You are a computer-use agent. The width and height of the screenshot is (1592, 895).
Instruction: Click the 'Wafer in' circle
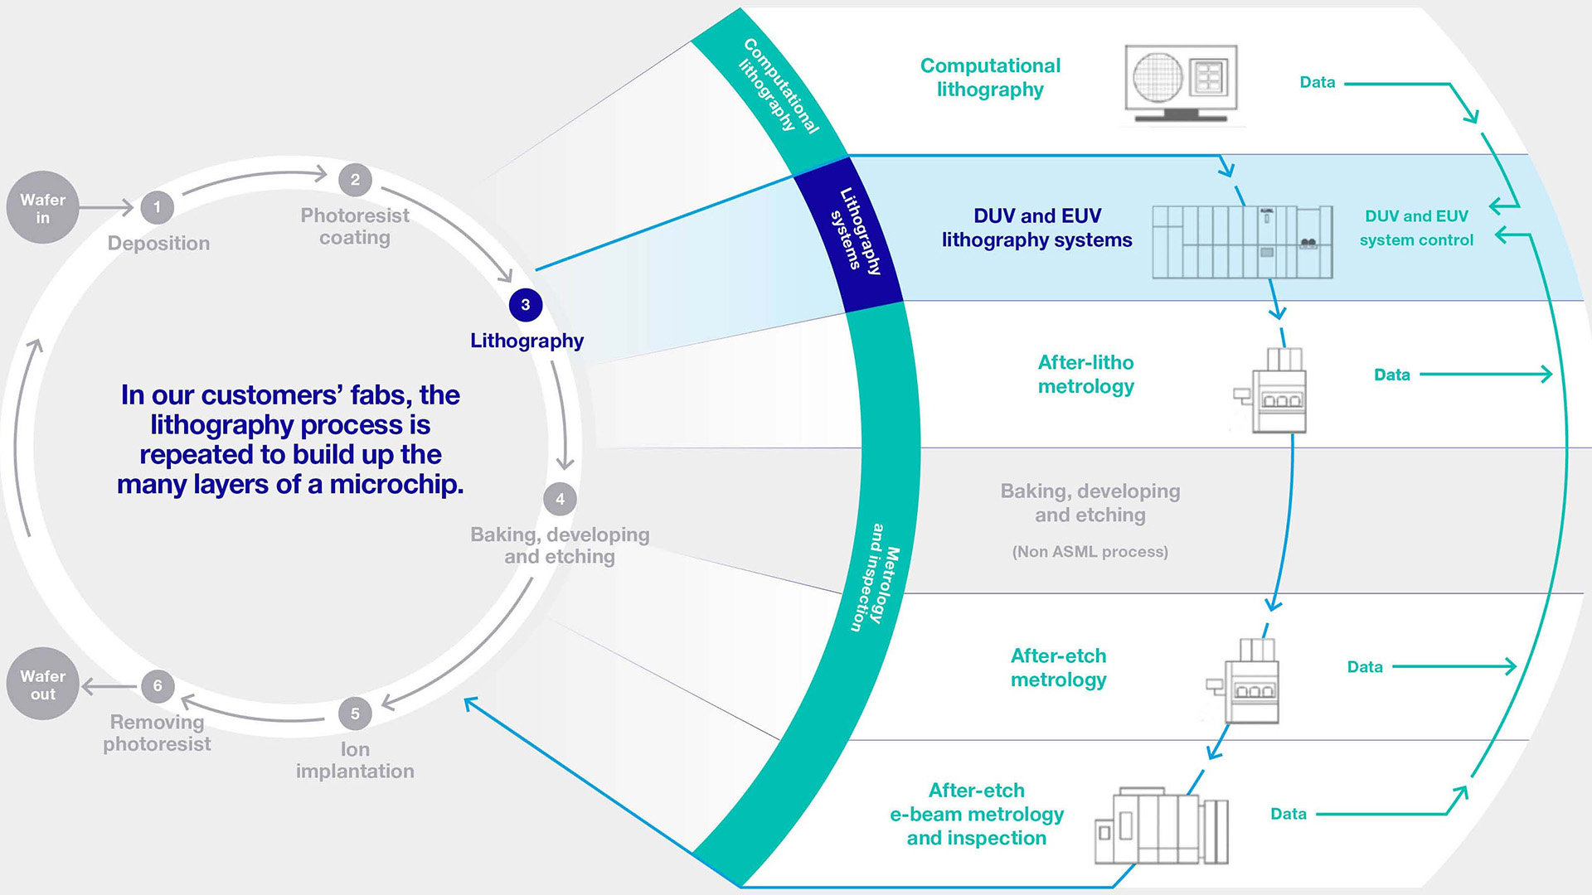coord(42,208)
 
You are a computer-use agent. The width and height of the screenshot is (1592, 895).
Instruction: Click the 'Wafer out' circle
coord(42,685)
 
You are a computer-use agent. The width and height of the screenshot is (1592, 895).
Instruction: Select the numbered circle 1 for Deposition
coord(157,207)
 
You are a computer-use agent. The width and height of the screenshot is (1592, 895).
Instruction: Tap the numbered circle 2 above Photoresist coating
coord(355,180)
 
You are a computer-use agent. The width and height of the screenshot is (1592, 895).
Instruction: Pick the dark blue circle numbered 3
coord(525,305)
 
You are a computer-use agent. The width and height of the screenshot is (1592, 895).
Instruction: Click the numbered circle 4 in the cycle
coord(560,499)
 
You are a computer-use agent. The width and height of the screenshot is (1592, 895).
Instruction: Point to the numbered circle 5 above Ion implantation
coord(355,714)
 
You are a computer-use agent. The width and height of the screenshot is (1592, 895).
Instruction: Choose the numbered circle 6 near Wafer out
coord(158,685)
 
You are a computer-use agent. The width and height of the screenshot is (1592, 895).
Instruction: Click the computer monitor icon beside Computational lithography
coord(1181,83)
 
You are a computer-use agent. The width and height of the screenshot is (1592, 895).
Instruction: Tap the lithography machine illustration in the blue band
coord(1242,240)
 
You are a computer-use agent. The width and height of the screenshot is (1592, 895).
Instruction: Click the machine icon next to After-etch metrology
coord(1246,681)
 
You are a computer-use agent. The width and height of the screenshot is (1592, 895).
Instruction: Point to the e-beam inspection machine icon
coord(1161,827)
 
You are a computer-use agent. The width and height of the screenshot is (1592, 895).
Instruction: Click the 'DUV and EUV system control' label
coord(1416,228)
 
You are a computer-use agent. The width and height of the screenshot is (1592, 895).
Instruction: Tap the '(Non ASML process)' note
coord(1090,552)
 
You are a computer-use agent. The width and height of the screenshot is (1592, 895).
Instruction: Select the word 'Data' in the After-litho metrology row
coord(1391,375)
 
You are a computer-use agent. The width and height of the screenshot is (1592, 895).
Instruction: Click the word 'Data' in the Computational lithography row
coord(1317,82)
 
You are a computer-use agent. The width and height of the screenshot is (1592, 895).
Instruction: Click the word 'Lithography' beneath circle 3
coord(527,341)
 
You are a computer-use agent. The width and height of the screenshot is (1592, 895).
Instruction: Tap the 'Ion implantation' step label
coord(355,760)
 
